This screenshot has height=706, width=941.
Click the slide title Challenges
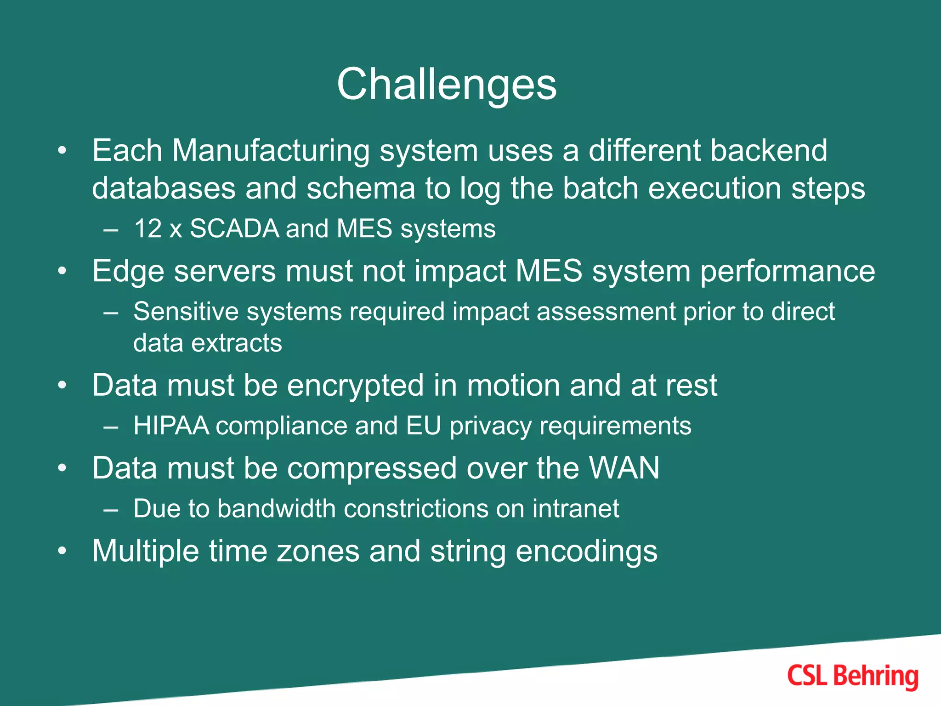click(x=447, y=85)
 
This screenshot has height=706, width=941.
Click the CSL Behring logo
click(x=853, y=676)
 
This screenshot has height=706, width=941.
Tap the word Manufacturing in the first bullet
click(x=271, y=151)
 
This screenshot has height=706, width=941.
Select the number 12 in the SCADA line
click(x=148, y=229)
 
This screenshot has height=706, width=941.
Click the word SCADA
click(x=234, y=229)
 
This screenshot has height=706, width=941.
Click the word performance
click(x=788, y=271)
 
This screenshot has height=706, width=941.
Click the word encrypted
click(x=355, y=385)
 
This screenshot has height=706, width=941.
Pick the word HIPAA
click(x=171, y=426)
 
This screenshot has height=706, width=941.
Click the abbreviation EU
click(x=423, y=426)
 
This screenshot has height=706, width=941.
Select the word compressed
click(x=372, y=468)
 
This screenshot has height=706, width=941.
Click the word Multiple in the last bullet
click(x=146, y=551)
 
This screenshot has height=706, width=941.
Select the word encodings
click(x=586, y=551)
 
